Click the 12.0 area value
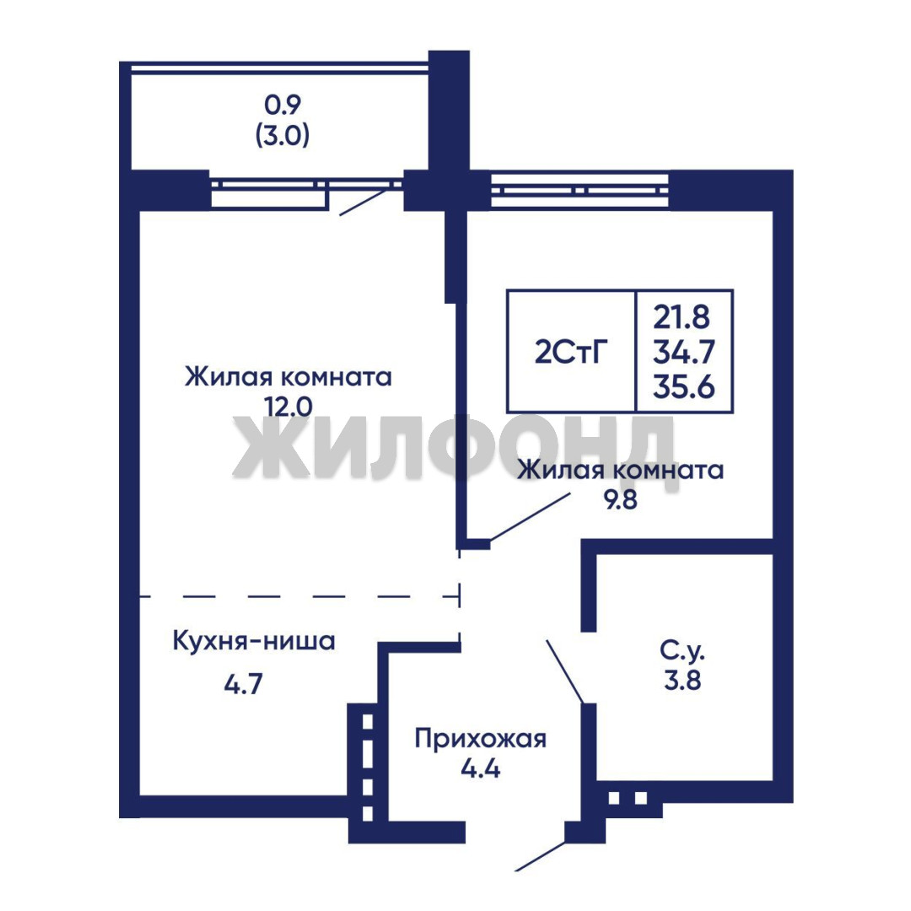point(288,407)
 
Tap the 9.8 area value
point(621,499)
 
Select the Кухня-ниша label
point(255,641)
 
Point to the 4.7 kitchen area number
point(244,684)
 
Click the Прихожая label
point(481,740)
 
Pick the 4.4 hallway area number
point(481,769)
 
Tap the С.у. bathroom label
point(682,650)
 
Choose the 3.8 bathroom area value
point(682,680)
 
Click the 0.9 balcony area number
point(283,105)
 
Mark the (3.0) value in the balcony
point(283,135)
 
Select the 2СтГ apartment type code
point(571,352)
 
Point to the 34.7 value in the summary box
point(683,352)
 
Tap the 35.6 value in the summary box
point(683,386)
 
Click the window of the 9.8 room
point(582,190)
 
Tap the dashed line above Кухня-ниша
point(299,596)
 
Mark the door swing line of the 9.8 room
point(529,517)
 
